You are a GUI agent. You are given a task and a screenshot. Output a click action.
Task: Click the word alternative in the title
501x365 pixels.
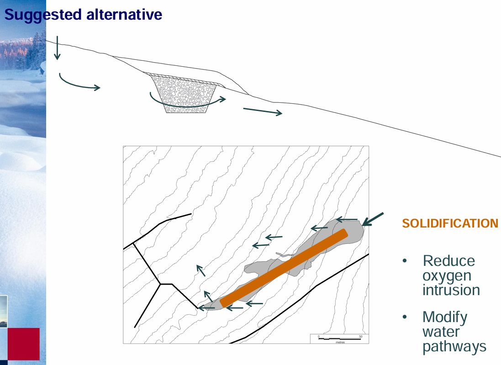pyautogui.click(x=124, y=14)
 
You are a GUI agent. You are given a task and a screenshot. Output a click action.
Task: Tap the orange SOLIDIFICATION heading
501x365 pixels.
pyautogui.click(x=450, y=223)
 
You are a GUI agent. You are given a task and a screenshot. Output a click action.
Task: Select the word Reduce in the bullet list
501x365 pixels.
pyautogui.click(x=448, y=261)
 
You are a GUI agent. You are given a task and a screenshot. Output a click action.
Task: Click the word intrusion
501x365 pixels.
pyautogui.click(x=451, y=290)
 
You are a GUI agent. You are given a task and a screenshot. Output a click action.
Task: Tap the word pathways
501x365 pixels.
pyautogui.click(x=454, y=347)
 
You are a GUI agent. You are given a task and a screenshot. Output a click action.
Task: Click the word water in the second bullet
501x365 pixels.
pyautogui.click(x=441, y=332)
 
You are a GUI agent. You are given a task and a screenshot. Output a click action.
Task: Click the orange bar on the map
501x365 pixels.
pyautogui.click(x=284, y=268)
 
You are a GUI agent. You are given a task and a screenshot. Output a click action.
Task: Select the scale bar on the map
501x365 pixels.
pyautogui.click(x=340, y=339)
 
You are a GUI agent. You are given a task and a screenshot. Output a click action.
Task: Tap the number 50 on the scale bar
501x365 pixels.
pyautogui.click(x=360, y=336)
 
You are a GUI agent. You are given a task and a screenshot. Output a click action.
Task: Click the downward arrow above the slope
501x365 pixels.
pyautogui.click(x=57, y=48)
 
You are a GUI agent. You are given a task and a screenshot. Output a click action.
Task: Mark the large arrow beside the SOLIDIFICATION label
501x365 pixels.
pyautogui.click(x=373, y=219)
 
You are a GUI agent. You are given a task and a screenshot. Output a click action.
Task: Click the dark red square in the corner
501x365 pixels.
pyautogui.click(x=23, y=344)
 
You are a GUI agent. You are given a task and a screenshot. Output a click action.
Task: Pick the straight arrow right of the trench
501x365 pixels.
pyautogui.click(x=263, y=111)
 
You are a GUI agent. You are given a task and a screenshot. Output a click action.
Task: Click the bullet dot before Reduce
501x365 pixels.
pyautogui.click(x=405, y=261)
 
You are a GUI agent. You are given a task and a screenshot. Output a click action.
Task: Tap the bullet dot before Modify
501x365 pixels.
pyautogui.click(x=405, y=317)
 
